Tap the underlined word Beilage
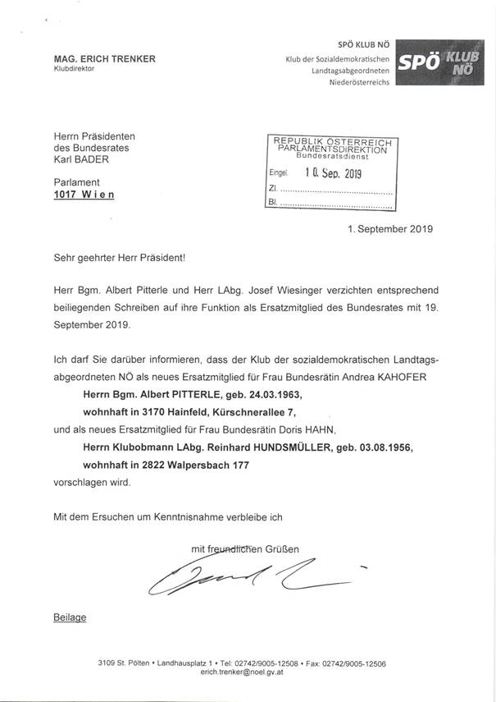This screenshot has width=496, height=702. click(48, 616)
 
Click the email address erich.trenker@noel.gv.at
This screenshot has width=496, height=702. click(248, 671)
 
